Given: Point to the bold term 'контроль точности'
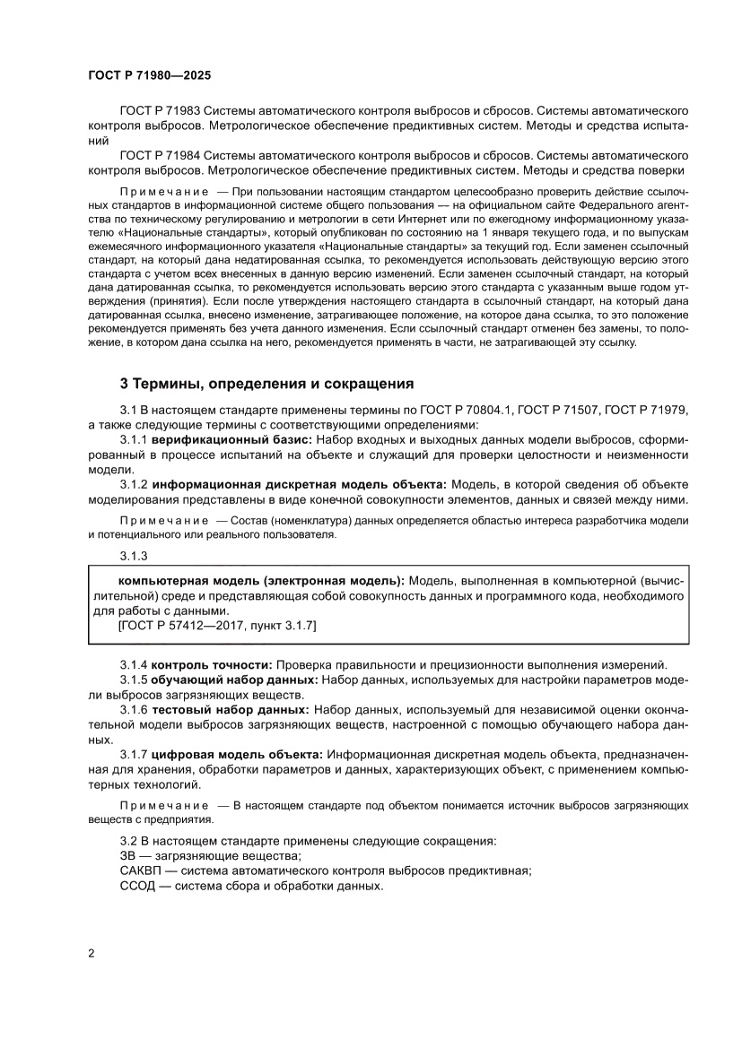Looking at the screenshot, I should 211,664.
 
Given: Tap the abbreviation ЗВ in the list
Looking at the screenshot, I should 128,856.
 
